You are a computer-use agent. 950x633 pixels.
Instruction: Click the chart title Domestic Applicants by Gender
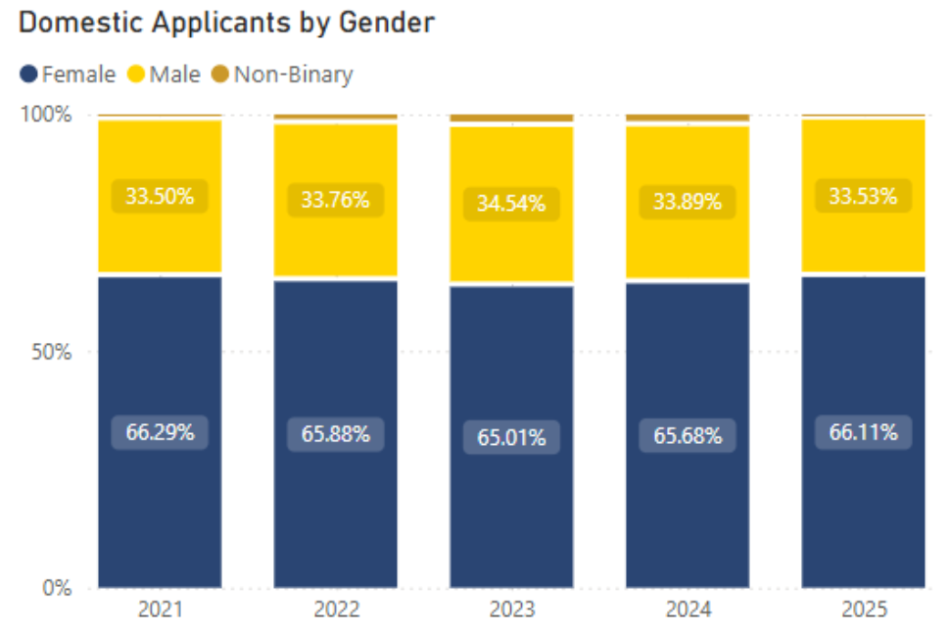click(x=226, y=23)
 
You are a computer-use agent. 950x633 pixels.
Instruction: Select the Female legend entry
click(x=69, y=74)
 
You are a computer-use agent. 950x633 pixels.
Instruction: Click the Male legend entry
click(x=165, y=74)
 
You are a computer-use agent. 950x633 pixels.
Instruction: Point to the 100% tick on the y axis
click(x=48, y=115)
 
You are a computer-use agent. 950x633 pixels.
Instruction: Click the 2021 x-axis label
click(x=160, y=610)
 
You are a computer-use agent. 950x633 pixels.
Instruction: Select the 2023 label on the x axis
click(x=511, y=610)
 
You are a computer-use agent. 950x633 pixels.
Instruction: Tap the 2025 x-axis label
click(x=864, y=610)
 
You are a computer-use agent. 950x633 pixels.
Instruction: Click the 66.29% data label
click(x=160, y=432)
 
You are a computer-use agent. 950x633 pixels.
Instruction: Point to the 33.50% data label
click(x=160, y=197)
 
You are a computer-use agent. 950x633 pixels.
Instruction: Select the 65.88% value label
click(x=335, y=434)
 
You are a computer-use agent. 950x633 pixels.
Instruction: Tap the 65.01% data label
click(x=511, y=437)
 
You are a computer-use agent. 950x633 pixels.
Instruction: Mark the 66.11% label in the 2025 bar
click(x=864, y=432)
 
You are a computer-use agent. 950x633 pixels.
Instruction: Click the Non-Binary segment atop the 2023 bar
click(x=511, y=118)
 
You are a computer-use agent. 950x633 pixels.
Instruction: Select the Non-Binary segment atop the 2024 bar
click(x=688, y=118)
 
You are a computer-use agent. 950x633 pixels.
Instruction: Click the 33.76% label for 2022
click(x=335, y=201)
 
